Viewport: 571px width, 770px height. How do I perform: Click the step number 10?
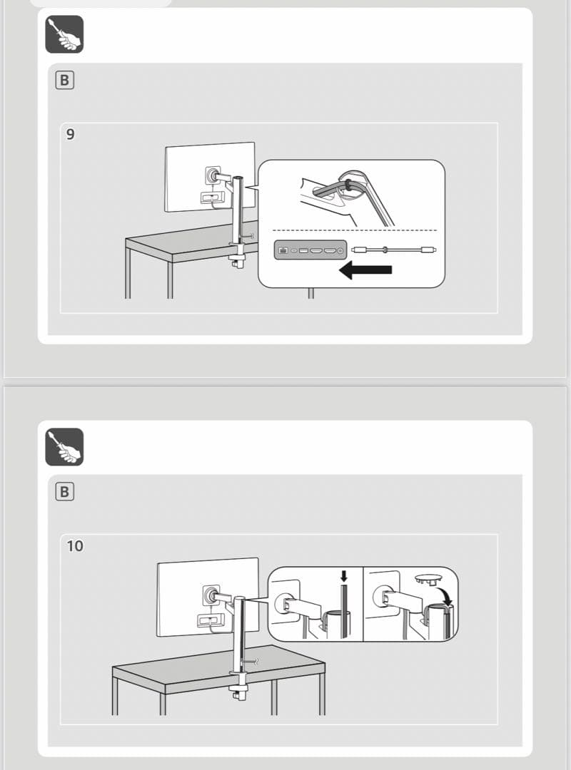74,546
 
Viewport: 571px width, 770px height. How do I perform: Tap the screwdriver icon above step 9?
64,34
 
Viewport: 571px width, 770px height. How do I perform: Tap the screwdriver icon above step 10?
64,447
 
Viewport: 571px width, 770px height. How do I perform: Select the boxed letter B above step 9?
64,80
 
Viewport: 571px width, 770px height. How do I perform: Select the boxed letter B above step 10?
64,492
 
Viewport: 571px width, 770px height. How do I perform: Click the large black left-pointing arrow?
366,270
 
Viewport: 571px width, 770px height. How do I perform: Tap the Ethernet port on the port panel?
283,250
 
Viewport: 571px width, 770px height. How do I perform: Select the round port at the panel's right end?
340,250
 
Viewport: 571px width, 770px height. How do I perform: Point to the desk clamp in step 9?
236,257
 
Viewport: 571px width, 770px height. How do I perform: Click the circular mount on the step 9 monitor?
212,174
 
